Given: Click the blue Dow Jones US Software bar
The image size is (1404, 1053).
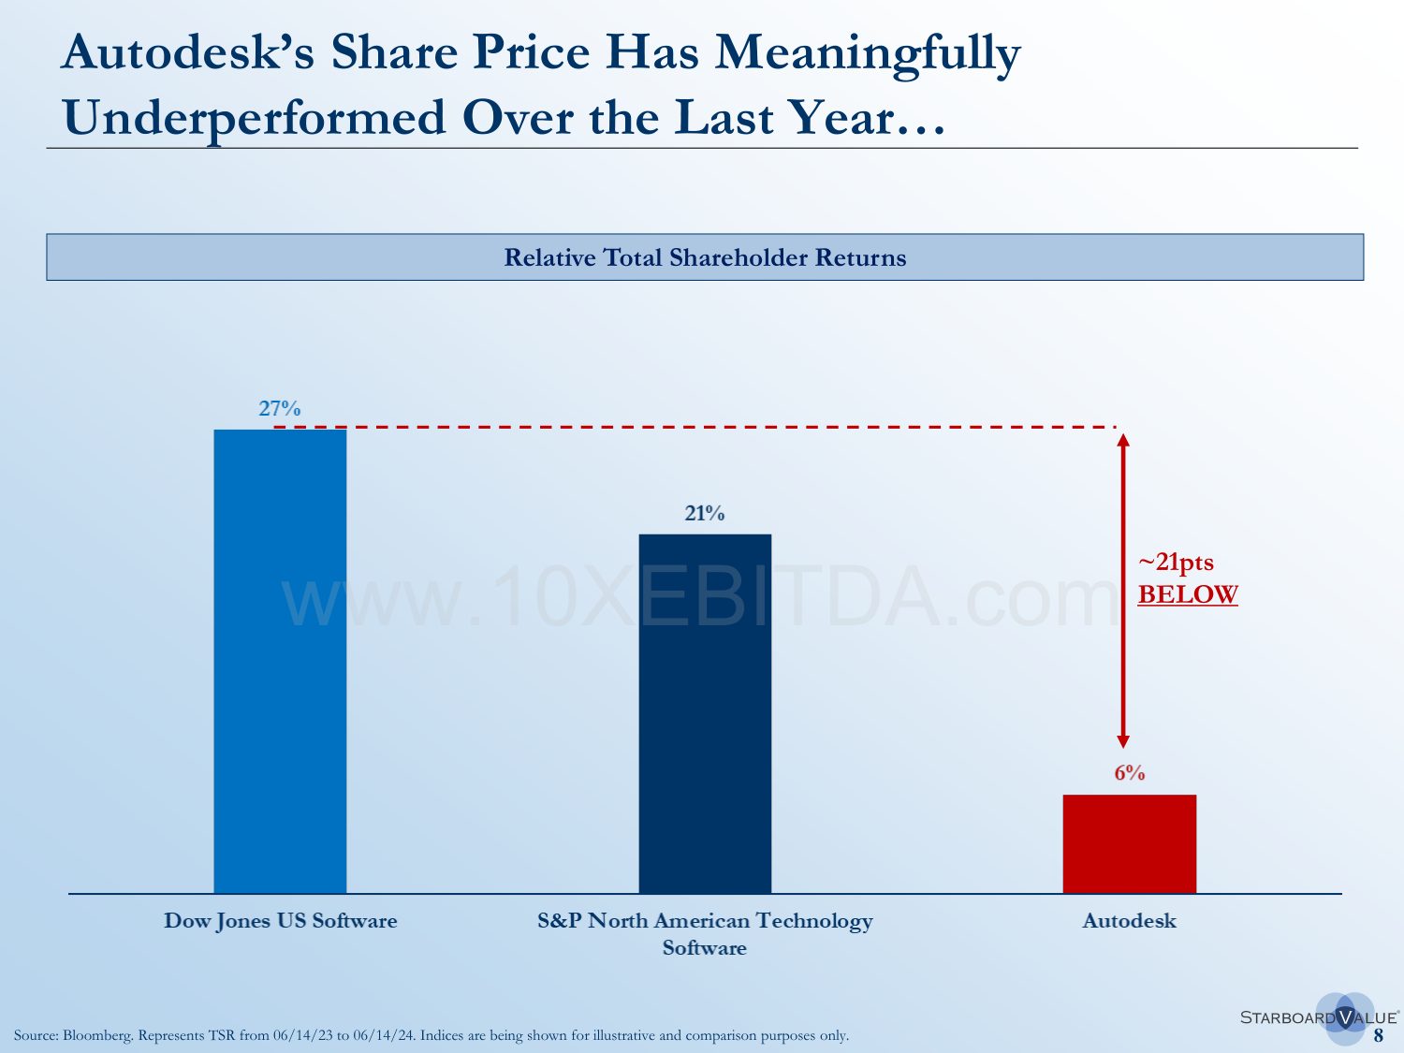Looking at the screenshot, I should coord(280,661).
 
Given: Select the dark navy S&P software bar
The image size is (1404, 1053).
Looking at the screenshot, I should coord(705,713).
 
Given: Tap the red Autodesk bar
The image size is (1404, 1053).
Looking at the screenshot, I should coord(1129,843).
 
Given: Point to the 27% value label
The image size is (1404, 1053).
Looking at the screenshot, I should coord(280,408).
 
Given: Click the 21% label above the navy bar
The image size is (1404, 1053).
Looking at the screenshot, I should coord(705,513).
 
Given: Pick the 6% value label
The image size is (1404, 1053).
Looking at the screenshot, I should coord(1129,773).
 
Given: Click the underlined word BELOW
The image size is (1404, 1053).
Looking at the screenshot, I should coord(1188,594).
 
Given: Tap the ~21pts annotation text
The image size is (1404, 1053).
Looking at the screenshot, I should coord(1176,563).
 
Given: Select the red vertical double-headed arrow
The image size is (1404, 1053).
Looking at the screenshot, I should coord(1124,590).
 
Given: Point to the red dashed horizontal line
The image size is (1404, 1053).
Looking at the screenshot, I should coord(693,427).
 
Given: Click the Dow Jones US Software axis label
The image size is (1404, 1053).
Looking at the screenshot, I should coord(280,921).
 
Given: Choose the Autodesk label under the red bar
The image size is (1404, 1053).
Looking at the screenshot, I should coord(1129,921).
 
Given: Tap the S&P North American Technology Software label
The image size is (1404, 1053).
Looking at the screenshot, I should coord(705,933).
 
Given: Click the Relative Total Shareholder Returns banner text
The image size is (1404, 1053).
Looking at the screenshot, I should coord(705,257).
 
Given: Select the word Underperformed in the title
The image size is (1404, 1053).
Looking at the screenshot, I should coord(254,119).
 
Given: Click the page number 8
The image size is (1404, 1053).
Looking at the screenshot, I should coord(1379,1035).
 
